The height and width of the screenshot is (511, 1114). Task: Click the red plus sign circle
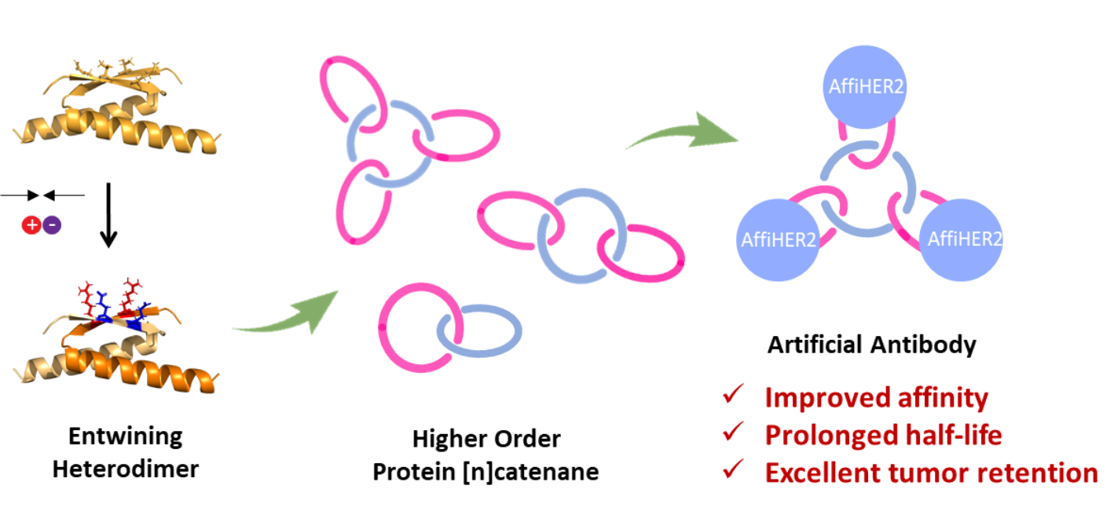31,225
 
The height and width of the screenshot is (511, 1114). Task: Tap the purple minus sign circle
52,225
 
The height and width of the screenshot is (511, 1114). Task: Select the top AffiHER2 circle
865,86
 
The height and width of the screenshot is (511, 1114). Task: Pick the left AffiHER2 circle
778,239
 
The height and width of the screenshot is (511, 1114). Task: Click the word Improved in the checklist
814,398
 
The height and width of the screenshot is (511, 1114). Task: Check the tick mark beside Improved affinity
733,396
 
